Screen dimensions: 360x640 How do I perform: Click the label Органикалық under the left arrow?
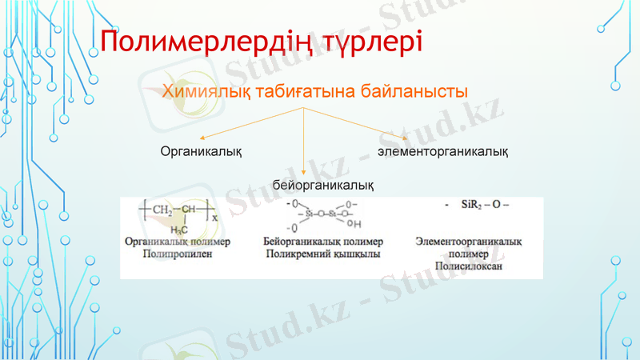click(202, 150)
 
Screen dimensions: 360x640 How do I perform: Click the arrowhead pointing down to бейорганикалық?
click(305, 170)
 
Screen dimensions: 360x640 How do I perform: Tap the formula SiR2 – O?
click(479, 206)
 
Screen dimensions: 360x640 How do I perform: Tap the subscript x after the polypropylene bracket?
click(214, 217)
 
